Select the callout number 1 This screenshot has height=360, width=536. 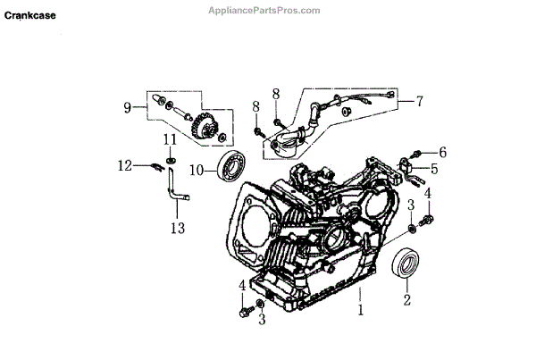[360, 312]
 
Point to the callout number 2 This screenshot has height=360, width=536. [406, 301]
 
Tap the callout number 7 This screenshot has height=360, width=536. [418, 102]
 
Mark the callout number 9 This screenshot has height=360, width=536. [129, 108]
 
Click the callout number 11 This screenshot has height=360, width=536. [170, 138]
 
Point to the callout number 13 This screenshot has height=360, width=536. [178, 228]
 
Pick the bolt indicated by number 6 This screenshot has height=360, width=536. [418, 154]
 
